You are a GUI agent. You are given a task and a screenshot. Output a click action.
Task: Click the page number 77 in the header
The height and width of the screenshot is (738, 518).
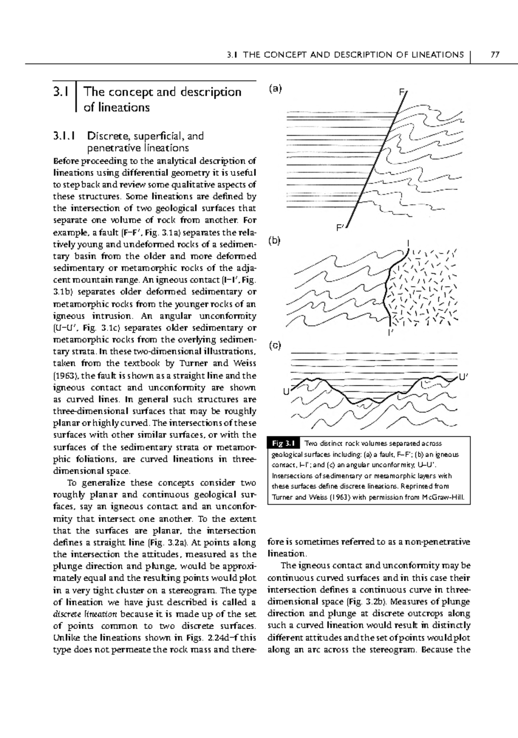pos(495,55)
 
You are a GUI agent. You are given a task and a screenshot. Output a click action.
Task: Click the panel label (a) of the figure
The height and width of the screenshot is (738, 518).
pos(275,89)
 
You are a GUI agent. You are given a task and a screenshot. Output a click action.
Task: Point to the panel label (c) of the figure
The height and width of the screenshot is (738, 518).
pos(275,345)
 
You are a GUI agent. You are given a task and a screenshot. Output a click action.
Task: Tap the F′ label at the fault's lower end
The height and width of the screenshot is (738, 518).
pos(341,227)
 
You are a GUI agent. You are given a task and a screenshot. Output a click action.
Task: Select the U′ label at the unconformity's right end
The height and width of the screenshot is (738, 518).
pos(463,378)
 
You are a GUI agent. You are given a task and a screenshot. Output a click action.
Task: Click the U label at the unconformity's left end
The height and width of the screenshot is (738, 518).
pos(285,391)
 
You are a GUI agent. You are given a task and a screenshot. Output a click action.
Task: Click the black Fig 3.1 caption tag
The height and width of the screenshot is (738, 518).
pos(283,444)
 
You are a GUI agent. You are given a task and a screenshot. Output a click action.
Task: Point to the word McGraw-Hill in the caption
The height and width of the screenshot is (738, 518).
pos(447,497)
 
